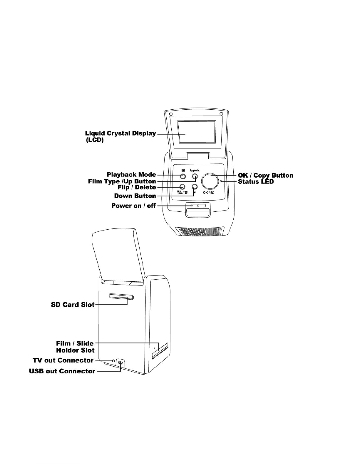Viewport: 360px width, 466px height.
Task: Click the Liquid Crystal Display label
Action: click(120, 136)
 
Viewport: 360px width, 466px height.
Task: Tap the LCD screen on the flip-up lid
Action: click(197, 132)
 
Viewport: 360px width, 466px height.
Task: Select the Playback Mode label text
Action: click(131, 175)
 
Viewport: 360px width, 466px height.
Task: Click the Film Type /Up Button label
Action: click(122, 181)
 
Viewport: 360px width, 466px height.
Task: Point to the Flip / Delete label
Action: click(137, 187)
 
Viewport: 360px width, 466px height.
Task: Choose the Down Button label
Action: click(135, 196)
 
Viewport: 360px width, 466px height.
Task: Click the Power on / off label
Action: click(133, 206)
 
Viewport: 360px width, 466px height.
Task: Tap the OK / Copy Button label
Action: click(265, 176)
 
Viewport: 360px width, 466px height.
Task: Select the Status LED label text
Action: click(256, 182)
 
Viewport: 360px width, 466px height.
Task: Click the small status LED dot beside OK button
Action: click(221, 181)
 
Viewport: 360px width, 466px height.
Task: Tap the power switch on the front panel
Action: click(198, 206)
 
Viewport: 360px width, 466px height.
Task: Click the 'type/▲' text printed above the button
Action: click(195, 170)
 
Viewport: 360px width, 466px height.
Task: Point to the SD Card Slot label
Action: click(73, 305)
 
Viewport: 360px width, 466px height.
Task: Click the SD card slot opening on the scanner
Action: click(121, 296)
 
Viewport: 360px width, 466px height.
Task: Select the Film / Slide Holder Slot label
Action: click(75, 347)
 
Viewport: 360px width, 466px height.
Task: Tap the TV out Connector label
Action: click(63, 360)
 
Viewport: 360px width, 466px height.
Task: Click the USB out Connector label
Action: click(62, 371)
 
